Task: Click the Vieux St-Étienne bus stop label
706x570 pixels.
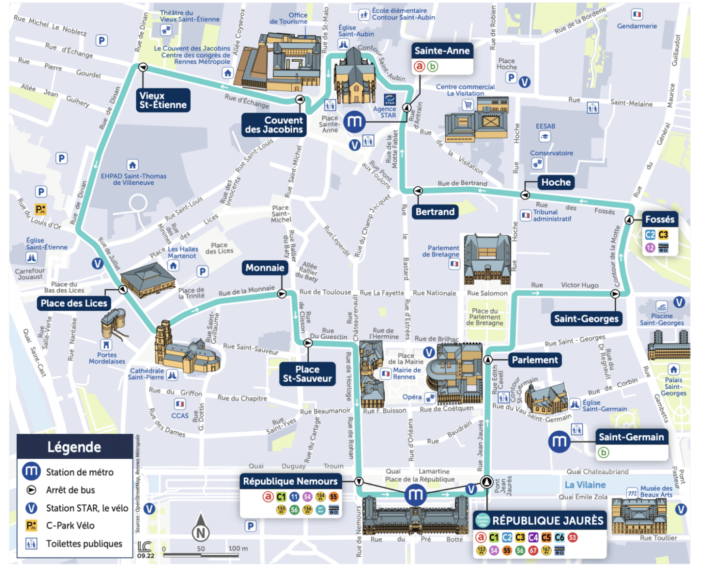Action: point(163,100)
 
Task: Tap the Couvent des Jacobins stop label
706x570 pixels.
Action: point(274,125)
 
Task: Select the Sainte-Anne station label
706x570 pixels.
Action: point(442,51)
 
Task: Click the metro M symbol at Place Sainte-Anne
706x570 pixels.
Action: point(354,122)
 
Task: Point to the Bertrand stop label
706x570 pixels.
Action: point(435,212)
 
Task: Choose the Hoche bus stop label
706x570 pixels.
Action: point(556,182)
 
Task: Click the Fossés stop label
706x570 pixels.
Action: point(659,219)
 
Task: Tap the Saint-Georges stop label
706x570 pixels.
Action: point(586,319)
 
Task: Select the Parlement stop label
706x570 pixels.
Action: point(534,360)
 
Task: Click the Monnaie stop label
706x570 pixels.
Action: point(265,268)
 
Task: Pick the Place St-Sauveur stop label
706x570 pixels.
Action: point(307,374)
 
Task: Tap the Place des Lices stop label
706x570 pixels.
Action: point(74,303)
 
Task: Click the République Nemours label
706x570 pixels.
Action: point(290,481)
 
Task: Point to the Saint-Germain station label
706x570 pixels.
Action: point(631,437)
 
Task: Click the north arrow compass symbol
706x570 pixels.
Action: point(201,529)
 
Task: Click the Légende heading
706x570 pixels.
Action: point(74,447)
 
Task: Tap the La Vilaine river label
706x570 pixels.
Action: point(585,485)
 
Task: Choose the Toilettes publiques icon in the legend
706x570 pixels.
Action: point(31,544)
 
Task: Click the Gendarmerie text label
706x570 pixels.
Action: point(637,26)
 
